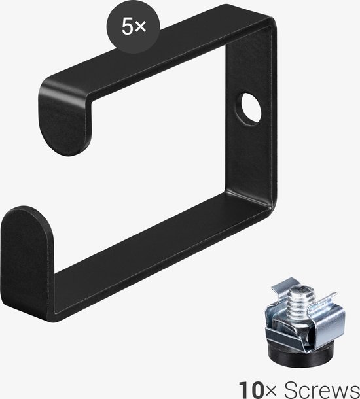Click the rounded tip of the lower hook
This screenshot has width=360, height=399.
[26, 243]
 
